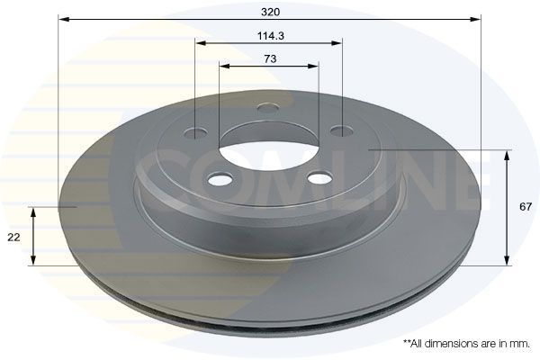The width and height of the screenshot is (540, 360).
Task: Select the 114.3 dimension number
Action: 269,35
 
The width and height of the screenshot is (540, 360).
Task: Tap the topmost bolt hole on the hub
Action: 266,109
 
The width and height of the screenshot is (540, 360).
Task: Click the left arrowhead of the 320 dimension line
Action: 62,18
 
